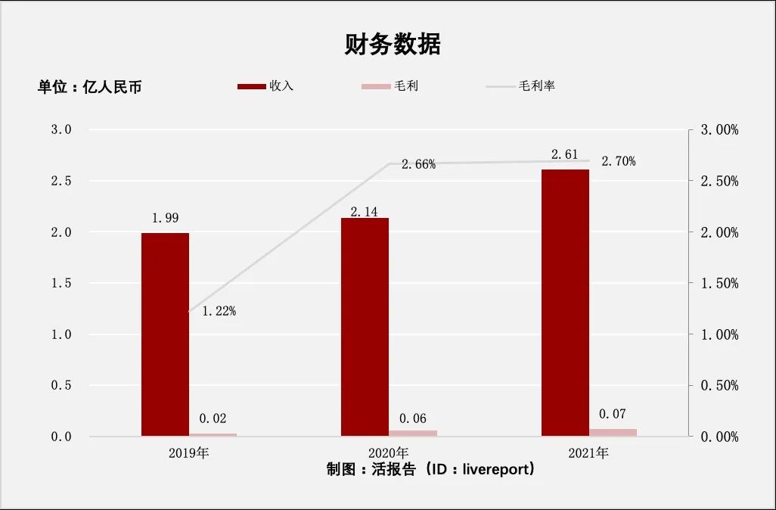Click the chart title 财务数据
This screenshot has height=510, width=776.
pos(393,45)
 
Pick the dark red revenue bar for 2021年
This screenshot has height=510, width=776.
pos(564,303)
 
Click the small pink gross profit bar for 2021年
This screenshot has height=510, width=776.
pos(613,432)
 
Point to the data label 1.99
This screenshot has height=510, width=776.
pos(166,218)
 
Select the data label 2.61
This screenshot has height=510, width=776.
pos(564,155)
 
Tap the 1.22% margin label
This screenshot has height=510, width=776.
pos(219,310)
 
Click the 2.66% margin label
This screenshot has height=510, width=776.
pos(418,164)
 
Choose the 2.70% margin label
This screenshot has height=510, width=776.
pos(618,161)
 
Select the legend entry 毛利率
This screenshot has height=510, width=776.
pos(537,86)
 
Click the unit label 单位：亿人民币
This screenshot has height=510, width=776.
pos(90,87)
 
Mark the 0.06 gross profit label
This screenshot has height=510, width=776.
pos(413,418)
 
